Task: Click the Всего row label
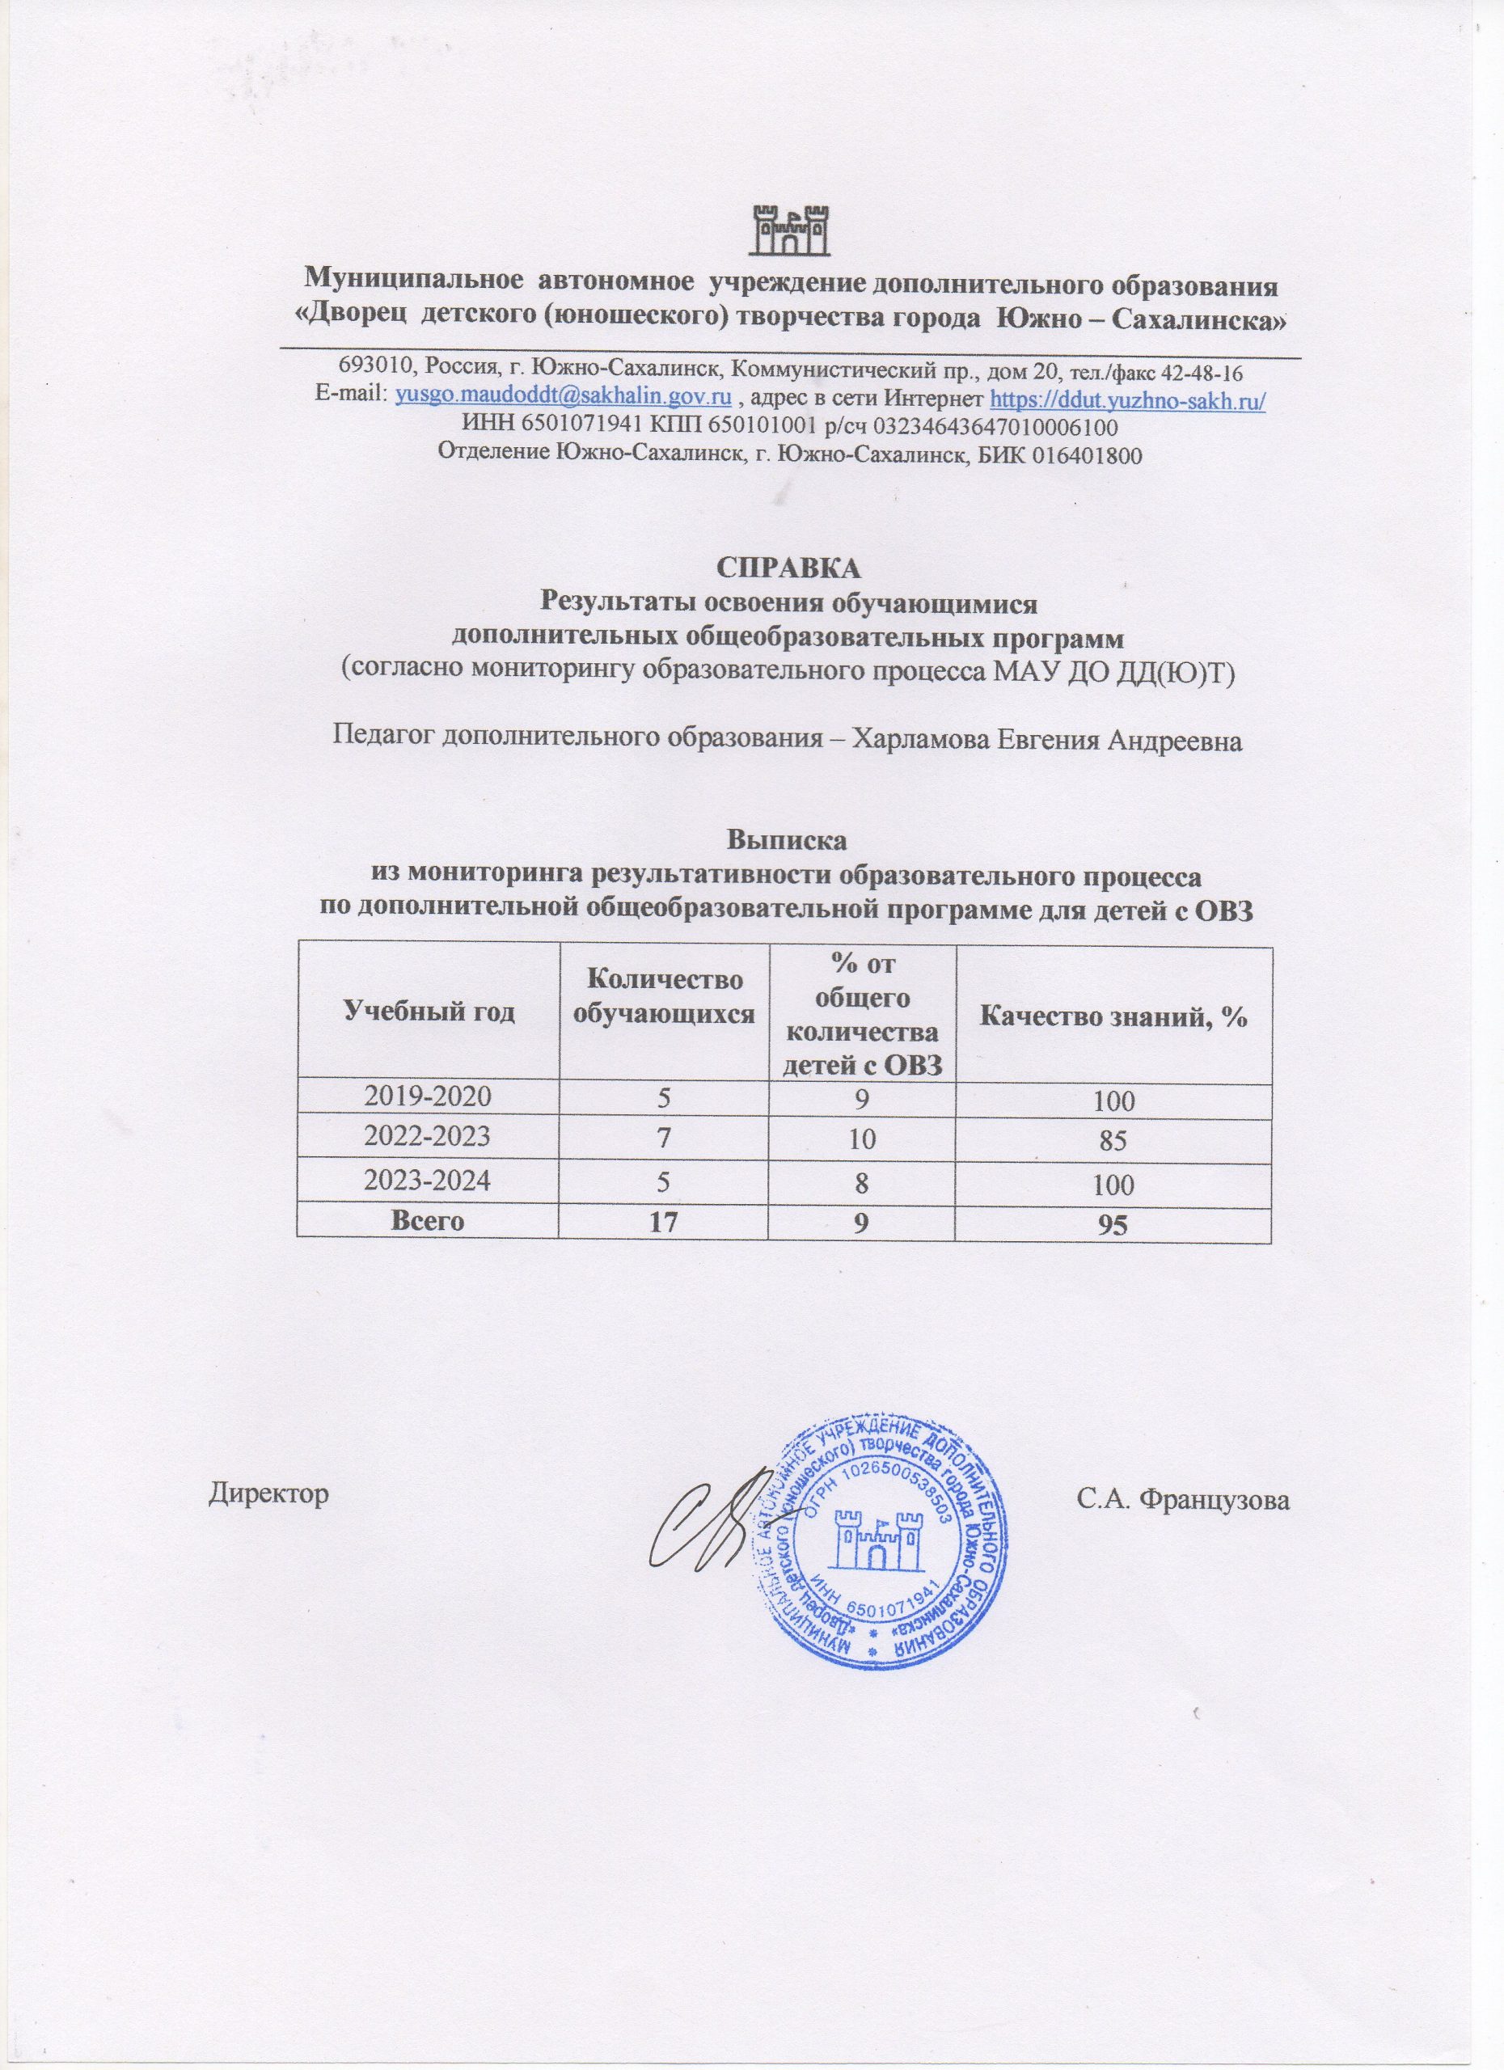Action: tap(426, 1220)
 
